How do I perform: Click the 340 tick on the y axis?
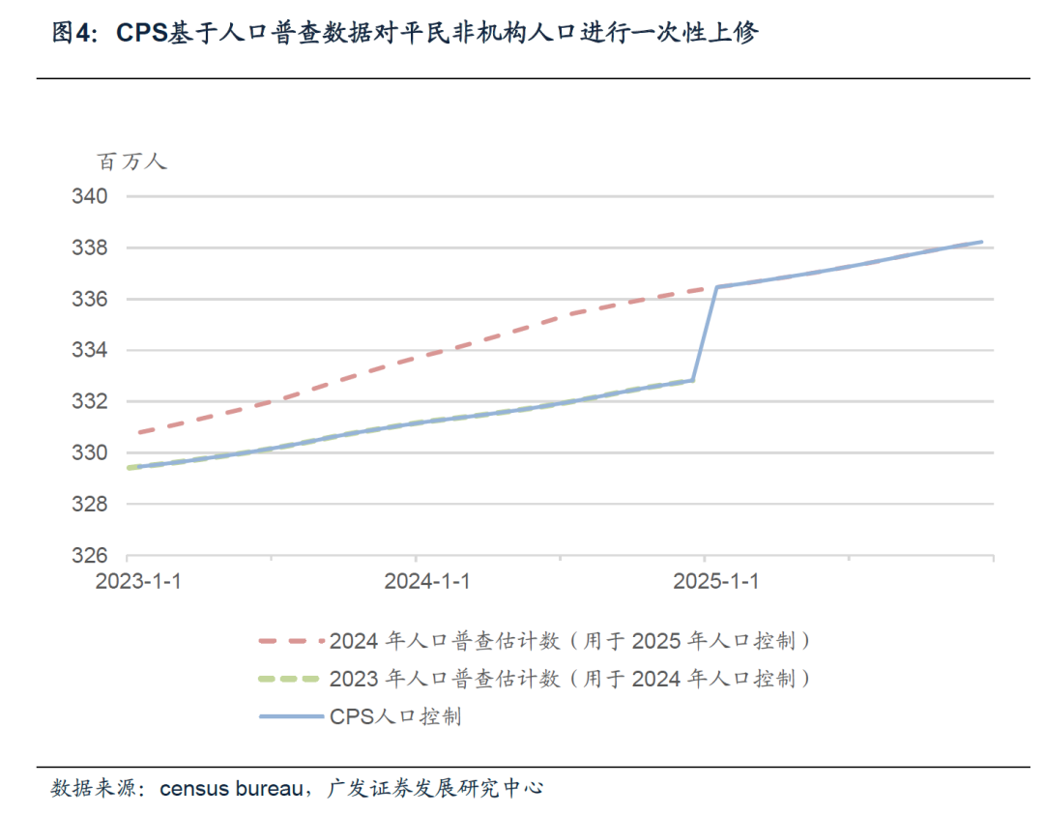point(89,196)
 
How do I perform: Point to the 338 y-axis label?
point(89,248)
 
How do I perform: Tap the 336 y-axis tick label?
point(89,300)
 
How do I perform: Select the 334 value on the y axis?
point(89,351)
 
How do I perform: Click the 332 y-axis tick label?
point(89,402)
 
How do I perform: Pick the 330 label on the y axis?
point(89,453)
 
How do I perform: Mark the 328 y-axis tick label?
point(89,505)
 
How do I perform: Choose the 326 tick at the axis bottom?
point(89,556)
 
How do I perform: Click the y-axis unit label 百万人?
point(131,161)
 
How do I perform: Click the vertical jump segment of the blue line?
point(705,334)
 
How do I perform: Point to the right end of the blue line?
point(981,242)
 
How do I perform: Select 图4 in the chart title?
point(72,34)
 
